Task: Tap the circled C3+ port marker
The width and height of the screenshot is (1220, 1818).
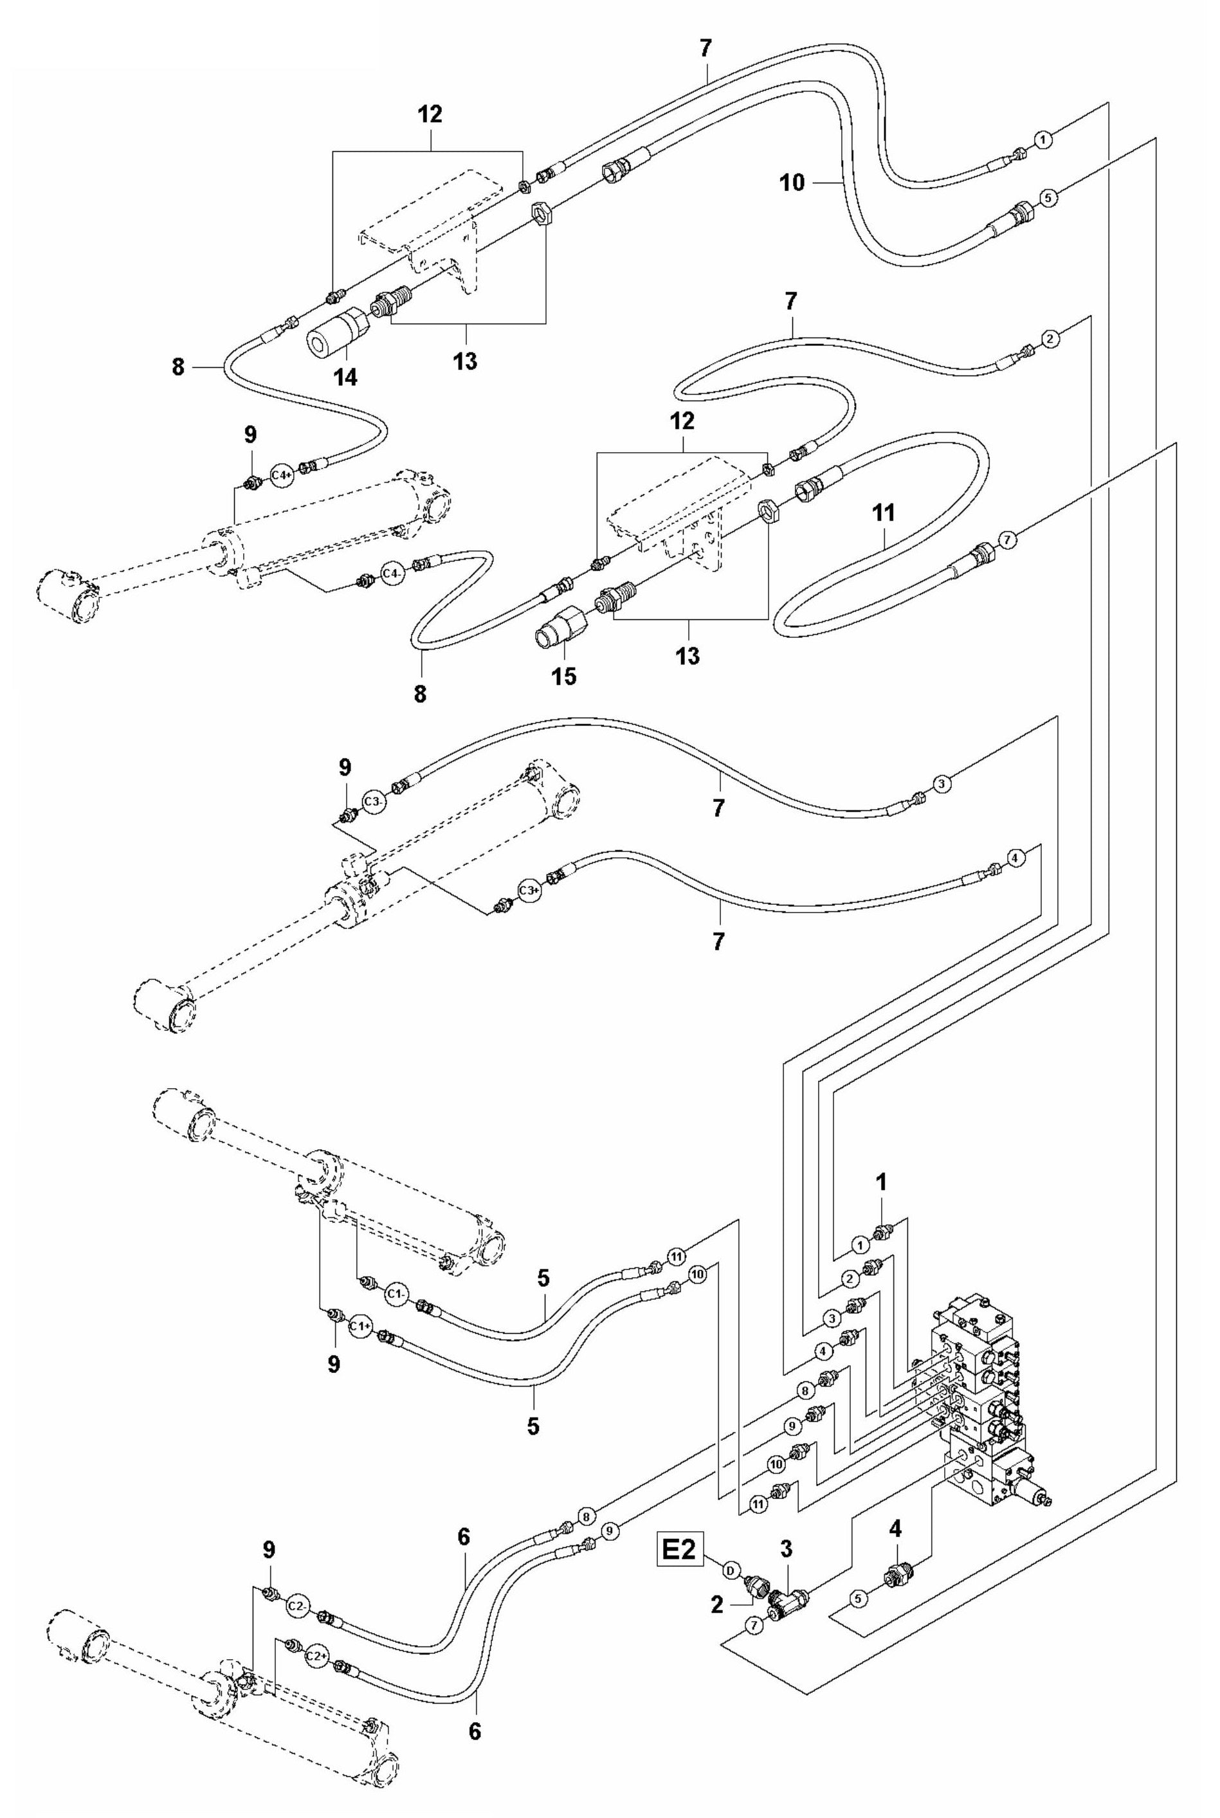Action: click(529, 891)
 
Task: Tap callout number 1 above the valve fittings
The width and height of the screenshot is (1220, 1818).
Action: click(881, 1183)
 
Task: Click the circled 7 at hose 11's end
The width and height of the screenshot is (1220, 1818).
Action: click(1007, 538)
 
